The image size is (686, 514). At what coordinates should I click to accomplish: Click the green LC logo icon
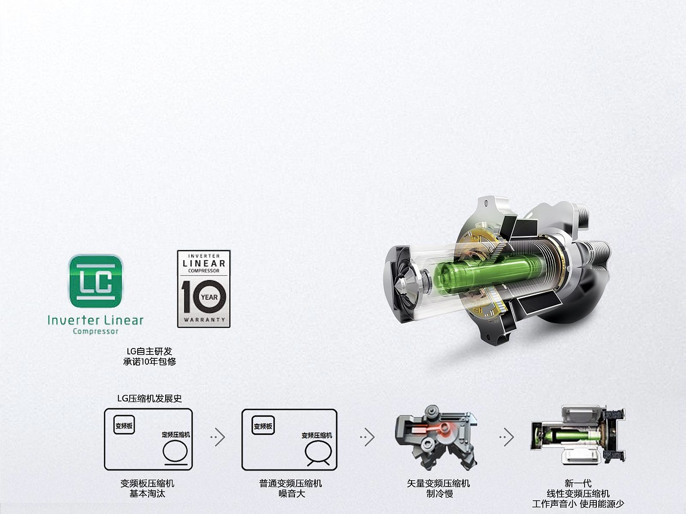click(96, 281)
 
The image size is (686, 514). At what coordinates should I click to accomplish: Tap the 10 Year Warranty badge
click(204, 289)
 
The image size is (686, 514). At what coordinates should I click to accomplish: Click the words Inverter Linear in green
click(96, 320)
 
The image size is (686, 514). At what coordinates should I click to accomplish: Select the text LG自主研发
click(149, 351)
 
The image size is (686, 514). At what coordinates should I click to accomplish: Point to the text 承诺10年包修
click(149, 362)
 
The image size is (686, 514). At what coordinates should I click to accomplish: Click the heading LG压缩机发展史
click(149, 398)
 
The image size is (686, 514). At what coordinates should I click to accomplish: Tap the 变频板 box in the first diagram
click(124, 425)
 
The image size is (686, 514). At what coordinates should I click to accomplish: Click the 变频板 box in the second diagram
click(263, 425)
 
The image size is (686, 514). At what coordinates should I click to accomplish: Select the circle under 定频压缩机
click(175, 451)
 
